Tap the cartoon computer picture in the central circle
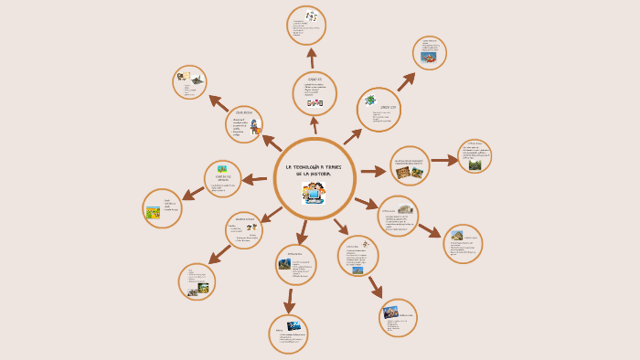(x=314, y=193)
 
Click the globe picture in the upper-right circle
(x=370, y=101)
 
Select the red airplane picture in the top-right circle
(x=429, y=57)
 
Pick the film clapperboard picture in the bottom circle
(x=294, y=325)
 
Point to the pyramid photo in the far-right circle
(x=457, y=236)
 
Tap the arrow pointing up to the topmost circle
(x=312, y=58)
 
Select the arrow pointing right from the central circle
(x=373, y=171)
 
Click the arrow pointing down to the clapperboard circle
(x=290, y=301)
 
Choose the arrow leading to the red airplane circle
(x=406, y=82)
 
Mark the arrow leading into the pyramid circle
(x=429, y=230)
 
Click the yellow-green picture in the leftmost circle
(x=154, y=213)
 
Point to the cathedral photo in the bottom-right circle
(x=391, y=311)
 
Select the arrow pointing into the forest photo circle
(x=444, y=161)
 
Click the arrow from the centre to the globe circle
(x=353, y=136)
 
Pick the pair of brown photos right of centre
(x=410, y=171)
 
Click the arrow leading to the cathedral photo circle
(x=375, y=286)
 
